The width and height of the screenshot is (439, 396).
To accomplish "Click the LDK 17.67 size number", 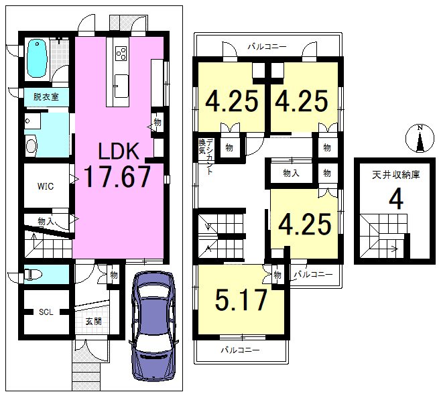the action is coord(117,176).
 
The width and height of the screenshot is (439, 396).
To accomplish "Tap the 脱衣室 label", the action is coord(46,97).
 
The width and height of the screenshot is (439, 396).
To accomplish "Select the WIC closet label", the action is coord(46,186).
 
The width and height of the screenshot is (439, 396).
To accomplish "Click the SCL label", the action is coord(46,312).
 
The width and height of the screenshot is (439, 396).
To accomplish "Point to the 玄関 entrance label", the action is coord(94,321).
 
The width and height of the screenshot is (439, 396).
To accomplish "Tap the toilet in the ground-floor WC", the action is coord(34,273).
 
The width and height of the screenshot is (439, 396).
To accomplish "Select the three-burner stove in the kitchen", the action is coord(121,53).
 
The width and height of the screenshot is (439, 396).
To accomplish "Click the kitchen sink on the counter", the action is coord(121,86).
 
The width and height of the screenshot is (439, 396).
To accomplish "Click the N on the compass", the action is coord(420,128).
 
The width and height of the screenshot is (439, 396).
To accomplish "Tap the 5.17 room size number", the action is coord(241,300).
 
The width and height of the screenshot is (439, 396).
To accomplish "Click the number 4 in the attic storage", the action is coord(396,199).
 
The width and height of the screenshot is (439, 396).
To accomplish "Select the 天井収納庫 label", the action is coord(396,175).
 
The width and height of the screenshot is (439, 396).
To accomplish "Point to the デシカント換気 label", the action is coord(206,156).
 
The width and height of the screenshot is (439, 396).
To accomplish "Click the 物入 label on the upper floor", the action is coord(291,174).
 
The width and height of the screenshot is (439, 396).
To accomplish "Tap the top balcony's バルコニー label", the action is coord(267,46).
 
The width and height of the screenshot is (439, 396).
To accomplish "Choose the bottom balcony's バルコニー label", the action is coord(241,350).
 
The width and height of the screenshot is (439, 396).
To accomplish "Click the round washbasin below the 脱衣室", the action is coord(31,145).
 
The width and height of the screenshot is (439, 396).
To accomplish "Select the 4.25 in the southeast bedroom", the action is coord(305,224).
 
